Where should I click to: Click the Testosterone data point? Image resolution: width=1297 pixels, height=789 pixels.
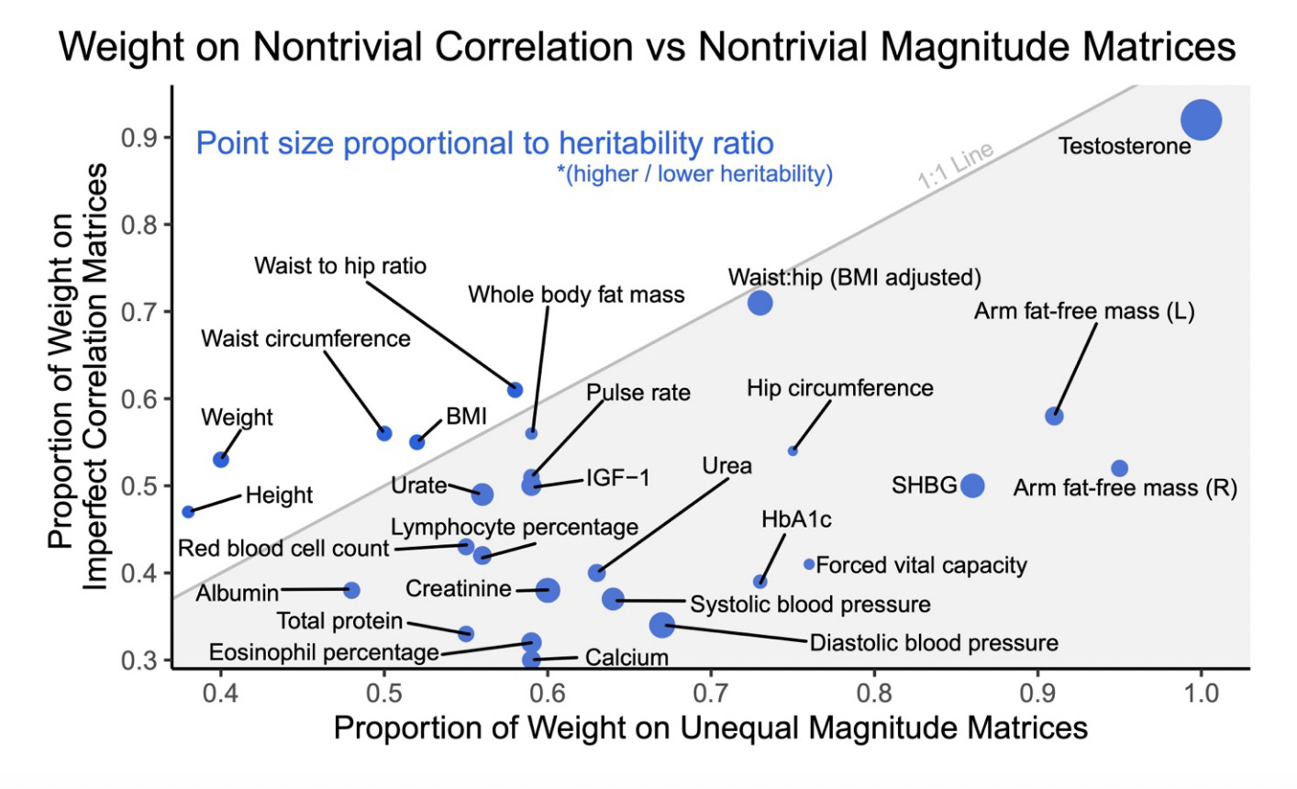click(x=1201, y=119)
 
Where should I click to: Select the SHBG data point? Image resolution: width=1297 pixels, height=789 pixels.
click(x=972, y=485)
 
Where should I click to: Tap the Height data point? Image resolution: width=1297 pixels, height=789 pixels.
click(x=188, y=511)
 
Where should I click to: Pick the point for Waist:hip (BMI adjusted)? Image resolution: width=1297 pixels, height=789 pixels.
click(x=759, y=302)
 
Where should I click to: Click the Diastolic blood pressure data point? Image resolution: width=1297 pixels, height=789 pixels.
click(x=661, y=625)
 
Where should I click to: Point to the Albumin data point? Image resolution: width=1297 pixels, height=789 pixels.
click(x=351, y=590)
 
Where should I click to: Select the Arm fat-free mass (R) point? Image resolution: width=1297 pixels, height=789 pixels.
click(x=1119, y=469)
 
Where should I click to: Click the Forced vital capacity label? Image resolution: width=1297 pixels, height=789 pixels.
click(x=921, y=565)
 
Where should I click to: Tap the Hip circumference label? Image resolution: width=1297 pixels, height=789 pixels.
click(x=839, y=388)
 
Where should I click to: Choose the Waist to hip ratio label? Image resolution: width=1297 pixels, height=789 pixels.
click(x=340, y=266)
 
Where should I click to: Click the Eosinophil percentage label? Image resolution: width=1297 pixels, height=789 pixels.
click(x=324, y=652)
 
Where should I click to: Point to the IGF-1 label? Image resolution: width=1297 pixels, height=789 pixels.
click(x=617, y=478)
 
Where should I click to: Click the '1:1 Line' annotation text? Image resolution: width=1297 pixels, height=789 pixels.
click(x=956, y=166)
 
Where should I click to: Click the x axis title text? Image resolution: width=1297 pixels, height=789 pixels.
click(x=710, y=728)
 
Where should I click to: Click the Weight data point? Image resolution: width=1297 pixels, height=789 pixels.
click(x=220, y=459)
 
